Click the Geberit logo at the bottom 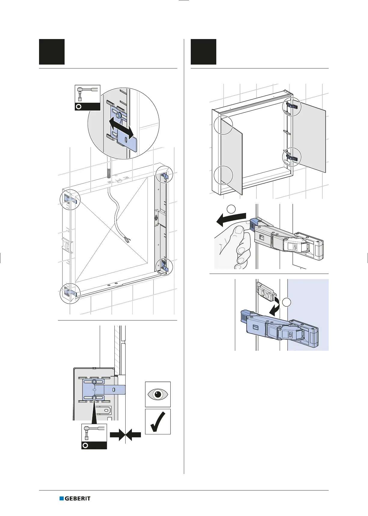pyautogui.click(x=75, y=499)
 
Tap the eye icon pyautogui.click(x=158, y=394)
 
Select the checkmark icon pyautogui.click(x=158, y=421)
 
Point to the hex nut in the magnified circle pyautogui.click(x=118, y=114)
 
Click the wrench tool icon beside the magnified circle pyautogui.click(x=87, y=98)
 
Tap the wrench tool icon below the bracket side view pyautogui.click(x=94, y=436)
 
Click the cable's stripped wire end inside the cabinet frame pyautogui.click(x=127, y=239)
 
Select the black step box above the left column pyautogui.click(x=52, y=52)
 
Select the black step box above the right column pyautogui.click(x=203, y=52)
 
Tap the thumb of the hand pyautogui.click(x=240, y=233)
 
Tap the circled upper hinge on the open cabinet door pyautogui.click(x=291, y=106)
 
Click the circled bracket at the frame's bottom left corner pyautogui.click(x=70, y=293)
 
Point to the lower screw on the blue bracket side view pyautogui.click(x=94, y=398)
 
